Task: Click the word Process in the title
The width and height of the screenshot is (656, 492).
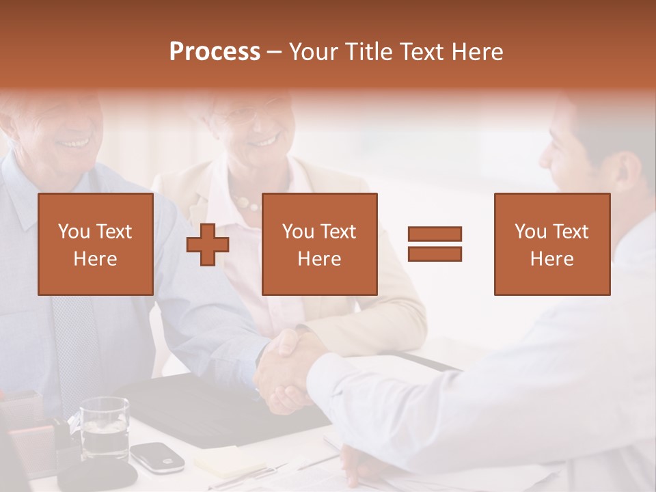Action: [x=215, y=52]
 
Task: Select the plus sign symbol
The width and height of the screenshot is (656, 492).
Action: [x=208, y=245]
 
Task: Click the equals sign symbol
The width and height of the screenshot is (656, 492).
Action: [x=435, y=244]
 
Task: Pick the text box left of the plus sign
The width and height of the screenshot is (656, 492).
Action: [x=95, y=244]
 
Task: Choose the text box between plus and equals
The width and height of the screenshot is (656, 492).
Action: [x=319, y=244]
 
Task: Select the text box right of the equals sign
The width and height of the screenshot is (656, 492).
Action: [x=551, y=244]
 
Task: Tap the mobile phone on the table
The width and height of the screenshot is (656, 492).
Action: [x=157, y=456]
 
